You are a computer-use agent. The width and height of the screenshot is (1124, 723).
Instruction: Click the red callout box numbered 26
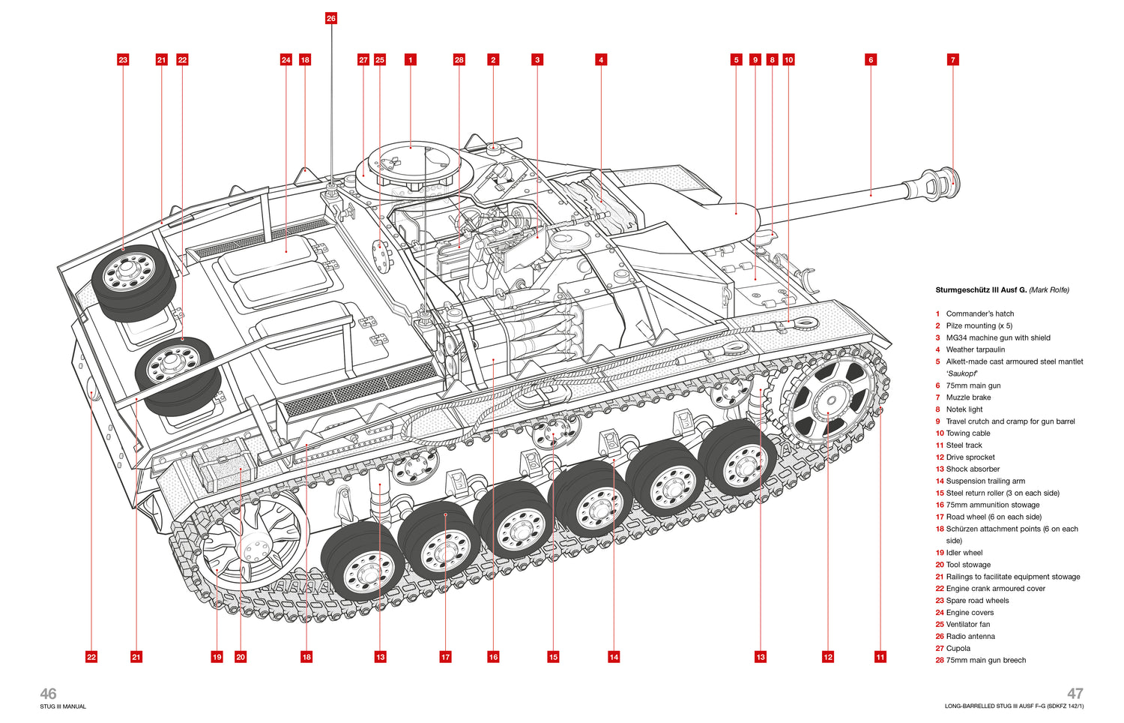pos(331,18)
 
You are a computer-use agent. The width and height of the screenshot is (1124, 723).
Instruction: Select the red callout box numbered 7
pos(952,60)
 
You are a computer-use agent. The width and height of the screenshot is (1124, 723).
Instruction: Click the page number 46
pos(48,694)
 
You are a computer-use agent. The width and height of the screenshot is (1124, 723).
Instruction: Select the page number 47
pos(1075,694)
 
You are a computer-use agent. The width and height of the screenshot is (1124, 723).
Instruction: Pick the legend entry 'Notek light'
pos(964,409)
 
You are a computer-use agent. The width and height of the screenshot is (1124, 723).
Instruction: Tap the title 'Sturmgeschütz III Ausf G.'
pos(981,290)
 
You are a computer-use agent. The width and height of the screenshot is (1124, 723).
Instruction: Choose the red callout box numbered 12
pos(828,657)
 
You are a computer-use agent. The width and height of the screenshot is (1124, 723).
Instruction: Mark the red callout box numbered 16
pos(493,657)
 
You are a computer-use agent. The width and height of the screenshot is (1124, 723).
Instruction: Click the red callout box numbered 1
pos(411,60)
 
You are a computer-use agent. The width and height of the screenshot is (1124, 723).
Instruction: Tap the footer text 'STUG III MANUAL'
pos(63,706)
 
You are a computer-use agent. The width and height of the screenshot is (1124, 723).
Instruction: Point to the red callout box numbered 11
pos(880,657)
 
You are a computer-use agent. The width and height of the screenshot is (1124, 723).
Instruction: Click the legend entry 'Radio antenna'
pos(970,636)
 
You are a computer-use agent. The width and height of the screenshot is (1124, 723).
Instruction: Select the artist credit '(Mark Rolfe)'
pos(1049,290)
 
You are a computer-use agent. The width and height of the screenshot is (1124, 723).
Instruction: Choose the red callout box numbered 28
pos(459,60)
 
